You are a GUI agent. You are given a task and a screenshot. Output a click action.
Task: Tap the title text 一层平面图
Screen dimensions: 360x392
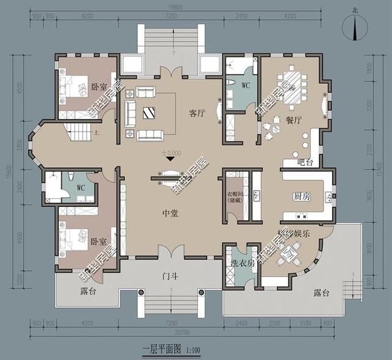point(159,350)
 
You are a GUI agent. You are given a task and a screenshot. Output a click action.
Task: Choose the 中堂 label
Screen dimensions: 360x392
point(170,213)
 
